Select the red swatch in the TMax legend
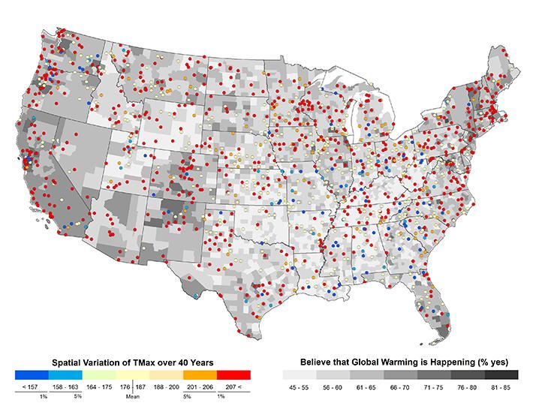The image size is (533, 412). coord(233,374)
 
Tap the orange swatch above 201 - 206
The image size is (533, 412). coord(199,374)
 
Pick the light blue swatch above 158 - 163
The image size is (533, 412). coord(65,374)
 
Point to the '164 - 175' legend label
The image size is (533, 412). coord(98,387)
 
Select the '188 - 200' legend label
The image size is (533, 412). coord(166,387)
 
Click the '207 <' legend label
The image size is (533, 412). coord(234,387)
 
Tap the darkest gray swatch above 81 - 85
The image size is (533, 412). coord(501,374)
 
